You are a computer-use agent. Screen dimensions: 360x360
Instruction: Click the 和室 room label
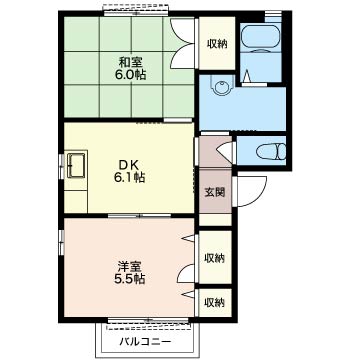(131, 62)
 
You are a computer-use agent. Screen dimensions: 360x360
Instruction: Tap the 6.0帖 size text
(130, 75)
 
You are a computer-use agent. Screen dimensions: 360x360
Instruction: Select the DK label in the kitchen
(131, 165)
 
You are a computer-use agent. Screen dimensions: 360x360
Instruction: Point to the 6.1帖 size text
(130, 177)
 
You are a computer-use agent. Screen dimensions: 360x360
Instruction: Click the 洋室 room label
(130, 266)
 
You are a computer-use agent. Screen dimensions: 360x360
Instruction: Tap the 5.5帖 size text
(130, 279)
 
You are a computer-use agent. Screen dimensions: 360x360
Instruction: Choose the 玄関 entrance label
(214, 192)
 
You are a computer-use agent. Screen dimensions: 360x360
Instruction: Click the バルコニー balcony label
(146, 342)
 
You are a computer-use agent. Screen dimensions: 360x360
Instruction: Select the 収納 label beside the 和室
(217, 44)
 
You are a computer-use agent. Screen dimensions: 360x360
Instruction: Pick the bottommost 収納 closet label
(214, 303)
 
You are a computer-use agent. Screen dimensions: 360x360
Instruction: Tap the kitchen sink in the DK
(77, 165)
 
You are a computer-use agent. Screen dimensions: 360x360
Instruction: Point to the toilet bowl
(271, 152)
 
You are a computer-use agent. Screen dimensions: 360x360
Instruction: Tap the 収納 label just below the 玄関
(214, 258)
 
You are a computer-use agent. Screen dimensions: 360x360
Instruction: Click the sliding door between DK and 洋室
(140, 216)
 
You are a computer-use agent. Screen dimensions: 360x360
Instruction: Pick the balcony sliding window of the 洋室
(148, 321)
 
